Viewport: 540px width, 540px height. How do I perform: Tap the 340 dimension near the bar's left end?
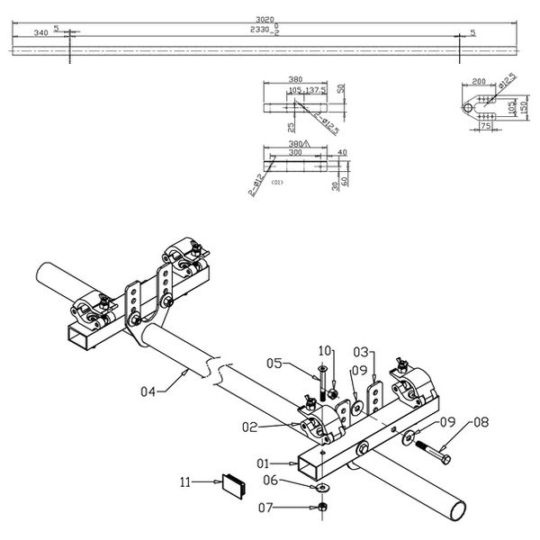tap(40, 31)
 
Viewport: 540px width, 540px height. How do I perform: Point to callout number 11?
tap(186, 483)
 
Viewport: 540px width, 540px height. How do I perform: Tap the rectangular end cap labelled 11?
tap(235, 484)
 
